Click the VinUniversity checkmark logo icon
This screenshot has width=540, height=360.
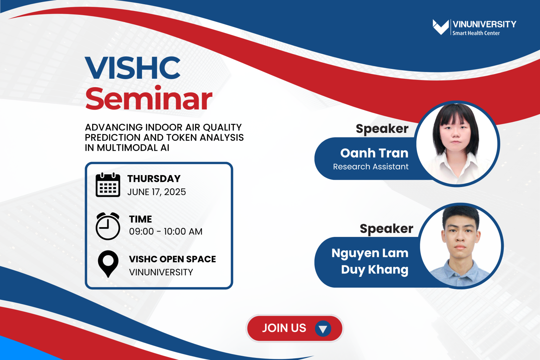point(441,27)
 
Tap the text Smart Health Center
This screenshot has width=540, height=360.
point(476,33)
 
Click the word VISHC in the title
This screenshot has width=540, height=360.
point(133,68)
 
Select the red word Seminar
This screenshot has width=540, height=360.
point(149,99)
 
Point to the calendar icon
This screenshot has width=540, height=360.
point(108,185)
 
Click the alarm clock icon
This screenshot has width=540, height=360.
point(108,226)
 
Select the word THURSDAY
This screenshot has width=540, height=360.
point(154,179)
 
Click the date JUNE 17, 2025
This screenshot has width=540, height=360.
point(156,192)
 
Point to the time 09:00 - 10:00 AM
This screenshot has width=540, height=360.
point(166,231)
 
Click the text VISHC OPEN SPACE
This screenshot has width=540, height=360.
point(172,259)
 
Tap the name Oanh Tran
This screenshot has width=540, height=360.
point(374,153)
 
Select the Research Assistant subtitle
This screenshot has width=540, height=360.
point(371,167)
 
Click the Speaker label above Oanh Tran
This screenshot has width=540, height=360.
point(382,129)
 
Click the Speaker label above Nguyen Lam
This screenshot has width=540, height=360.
point(386,229)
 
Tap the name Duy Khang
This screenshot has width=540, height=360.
point(374,269)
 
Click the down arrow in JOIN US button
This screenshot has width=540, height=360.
point(323,329)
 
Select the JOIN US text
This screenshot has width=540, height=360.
point(284,328)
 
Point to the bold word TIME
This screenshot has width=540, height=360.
point(140,219)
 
